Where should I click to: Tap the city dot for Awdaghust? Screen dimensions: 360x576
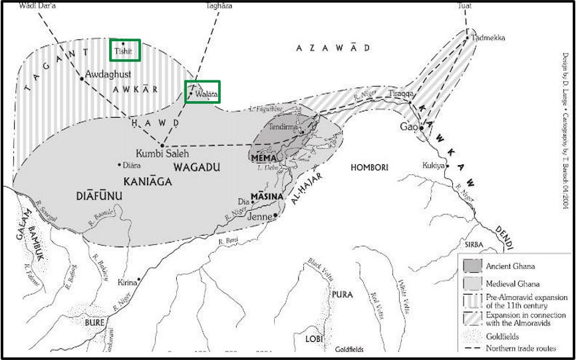click(x=82, y=78)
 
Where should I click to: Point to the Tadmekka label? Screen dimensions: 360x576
click(x=484, y=38)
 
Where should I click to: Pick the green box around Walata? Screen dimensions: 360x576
click(x=202, y=91)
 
